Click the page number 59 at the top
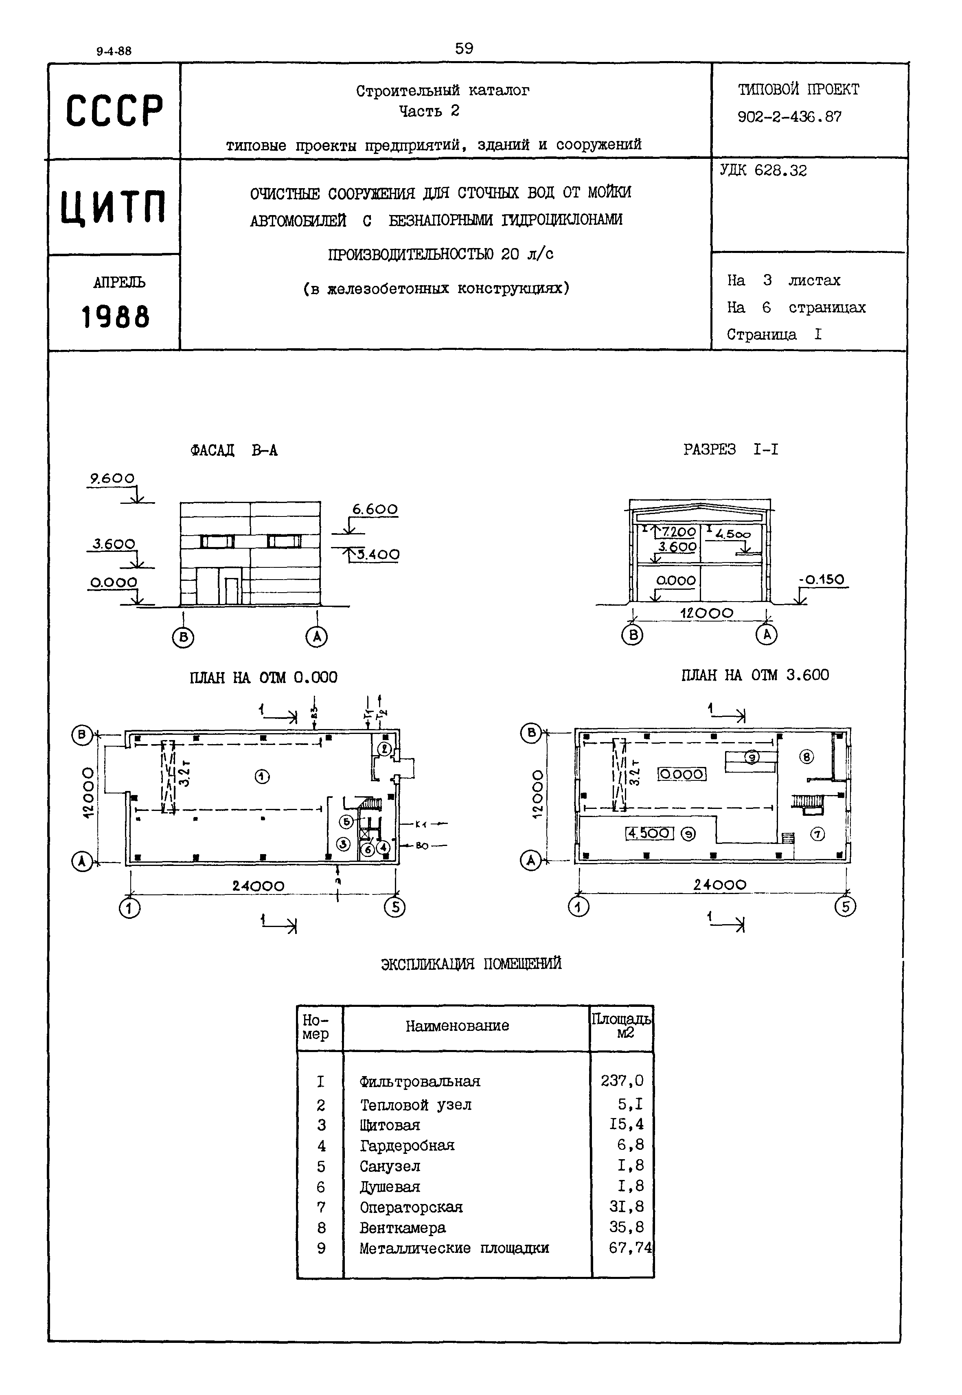pyautogui.click(x=464, y=48)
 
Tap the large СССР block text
pyautogui.click(x=114, y=111)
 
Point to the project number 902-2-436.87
pyautogui.click(x=790, y=117)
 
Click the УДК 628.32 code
pyautogui.click(x=763, y=171)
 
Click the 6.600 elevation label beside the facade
pyautogui.click(x=375, y=510)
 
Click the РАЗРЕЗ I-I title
pyautogui.click(x=730, y=450)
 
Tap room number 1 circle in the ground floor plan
pyautogui.click(x=262, y=777)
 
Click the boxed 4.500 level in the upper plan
pyautogui.click(x=649, y=833)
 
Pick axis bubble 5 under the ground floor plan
pyautogui.click(x=395, y=907)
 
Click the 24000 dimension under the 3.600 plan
pyautogui.click(x=720, y=885)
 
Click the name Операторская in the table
pyautogui.click(x=411, y=1207)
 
